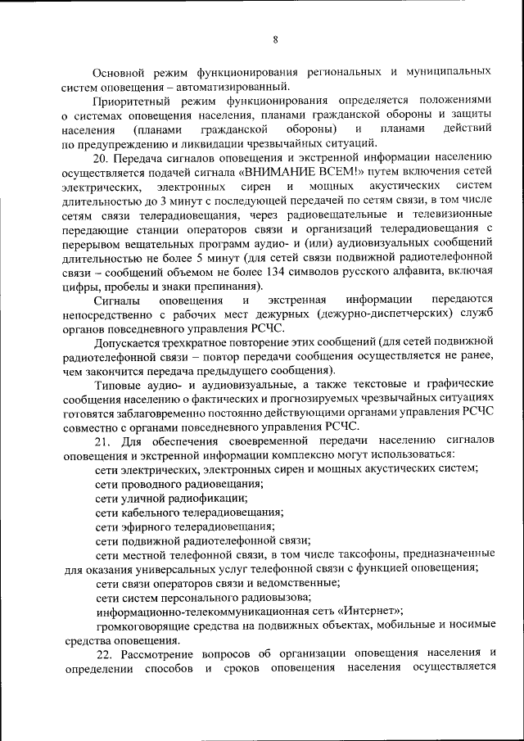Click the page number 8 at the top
276,38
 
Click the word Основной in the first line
120,72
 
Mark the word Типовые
118,384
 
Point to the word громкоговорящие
148,626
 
